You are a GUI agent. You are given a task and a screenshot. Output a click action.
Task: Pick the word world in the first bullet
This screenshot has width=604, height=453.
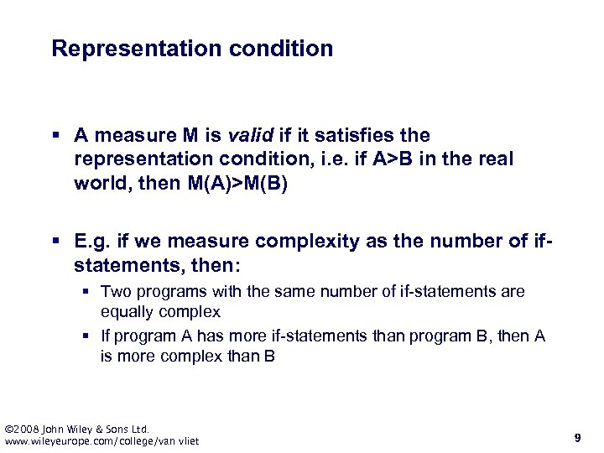click(99, 183)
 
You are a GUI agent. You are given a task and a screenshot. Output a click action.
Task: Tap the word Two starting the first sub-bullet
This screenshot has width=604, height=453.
click(115, 292)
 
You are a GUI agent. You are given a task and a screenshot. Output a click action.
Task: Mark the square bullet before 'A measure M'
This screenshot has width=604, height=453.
click(55, 136)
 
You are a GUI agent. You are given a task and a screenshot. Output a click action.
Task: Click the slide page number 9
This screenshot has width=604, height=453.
click(578, 437)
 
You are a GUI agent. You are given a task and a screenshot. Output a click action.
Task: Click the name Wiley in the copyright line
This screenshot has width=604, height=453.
click(82, 429)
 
